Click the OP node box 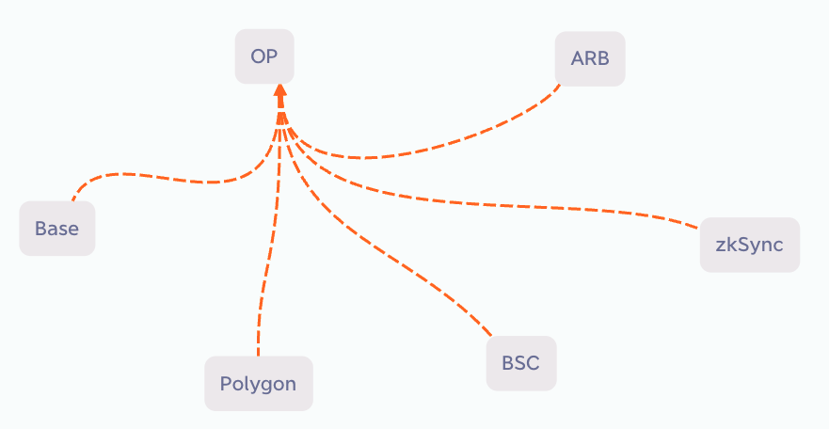pyautogui.click(x=264, y=56)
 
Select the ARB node pyautogui.click(x=590, y=58)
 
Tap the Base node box pyautogui.click(x=57, y=229)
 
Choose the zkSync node pyautogui.click(x=750, y=245)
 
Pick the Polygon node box pyautogui.click(x=259, y=384)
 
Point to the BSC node pyautogui.click(x=521, y=363)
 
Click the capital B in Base pyautogui.click(x=40, y=229)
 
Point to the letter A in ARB pyautogui.click(x=577, y=58)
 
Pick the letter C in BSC pyautogui.click(x=533, y=363)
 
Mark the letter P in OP pyautogui.click(x=272, y=56)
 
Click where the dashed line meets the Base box pyautogui.click(x=72, y=200)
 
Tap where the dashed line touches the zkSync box pyautogui.click(x=699, y=229)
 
